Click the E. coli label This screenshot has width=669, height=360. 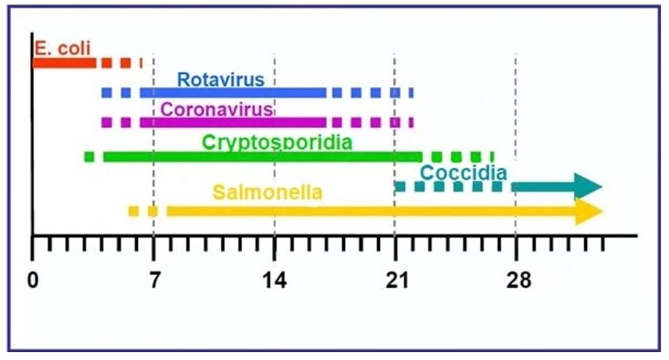pyautogui.click(x=63, y=47)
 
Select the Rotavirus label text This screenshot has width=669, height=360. pyautogui.click(x=221, y=80)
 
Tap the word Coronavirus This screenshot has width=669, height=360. pyautogui.click(x=217, y=109)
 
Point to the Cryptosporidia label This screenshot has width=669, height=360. pyautogui.click(x=277, y=142)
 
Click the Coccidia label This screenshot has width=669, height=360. pyautogui.click(x=463, y=173)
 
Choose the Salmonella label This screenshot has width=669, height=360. pyautogui.click(x=267, y=192)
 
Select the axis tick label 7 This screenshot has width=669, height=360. pyautogui.click(x=153, y=280)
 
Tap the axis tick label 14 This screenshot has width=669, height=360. pyautogui.click(x=274, y=280)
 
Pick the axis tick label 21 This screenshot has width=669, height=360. pyautogui.click(x=395, y=280)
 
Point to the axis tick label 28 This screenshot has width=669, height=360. pyautogui.click(x=516, y=280)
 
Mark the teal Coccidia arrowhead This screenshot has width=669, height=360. pyautogui.click(x=589, y=186)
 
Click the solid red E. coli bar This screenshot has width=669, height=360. pyautogui.click(x=64, y=63)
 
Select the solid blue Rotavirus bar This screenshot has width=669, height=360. pyautogui.click(x=233, y=93)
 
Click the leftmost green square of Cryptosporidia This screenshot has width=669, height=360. pyautogui.click(x=89, y=156)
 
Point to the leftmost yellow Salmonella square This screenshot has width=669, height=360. pyautogui.click(x=133, y=211)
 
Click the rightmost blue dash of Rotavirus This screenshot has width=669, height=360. pyautogui.click(x=410, y=93)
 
